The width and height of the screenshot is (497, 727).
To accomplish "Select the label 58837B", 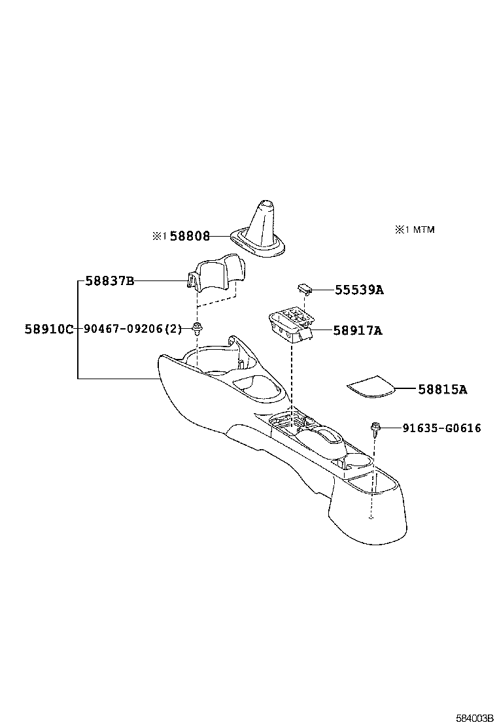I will coord(110,281).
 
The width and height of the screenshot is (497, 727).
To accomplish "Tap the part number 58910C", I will coord(50,329).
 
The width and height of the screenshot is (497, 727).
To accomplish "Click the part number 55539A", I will coord(359,290).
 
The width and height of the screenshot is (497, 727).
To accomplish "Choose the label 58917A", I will coord(358,331).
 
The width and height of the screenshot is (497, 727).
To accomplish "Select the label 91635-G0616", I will coord(442,428).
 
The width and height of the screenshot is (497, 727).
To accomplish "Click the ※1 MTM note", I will coord(414,229).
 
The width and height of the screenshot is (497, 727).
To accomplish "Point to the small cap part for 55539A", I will coord(304,288).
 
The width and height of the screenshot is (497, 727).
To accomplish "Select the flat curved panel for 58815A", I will coord(371,386).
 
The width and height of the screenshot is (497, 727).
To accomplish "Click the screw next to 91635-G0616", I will coord(375,428).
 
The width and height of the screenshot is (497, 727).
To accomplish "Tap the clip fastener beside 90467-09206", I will coord(196,328).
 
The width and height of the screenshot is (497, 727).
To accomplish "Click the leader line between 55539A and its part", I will coord(322,290).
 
